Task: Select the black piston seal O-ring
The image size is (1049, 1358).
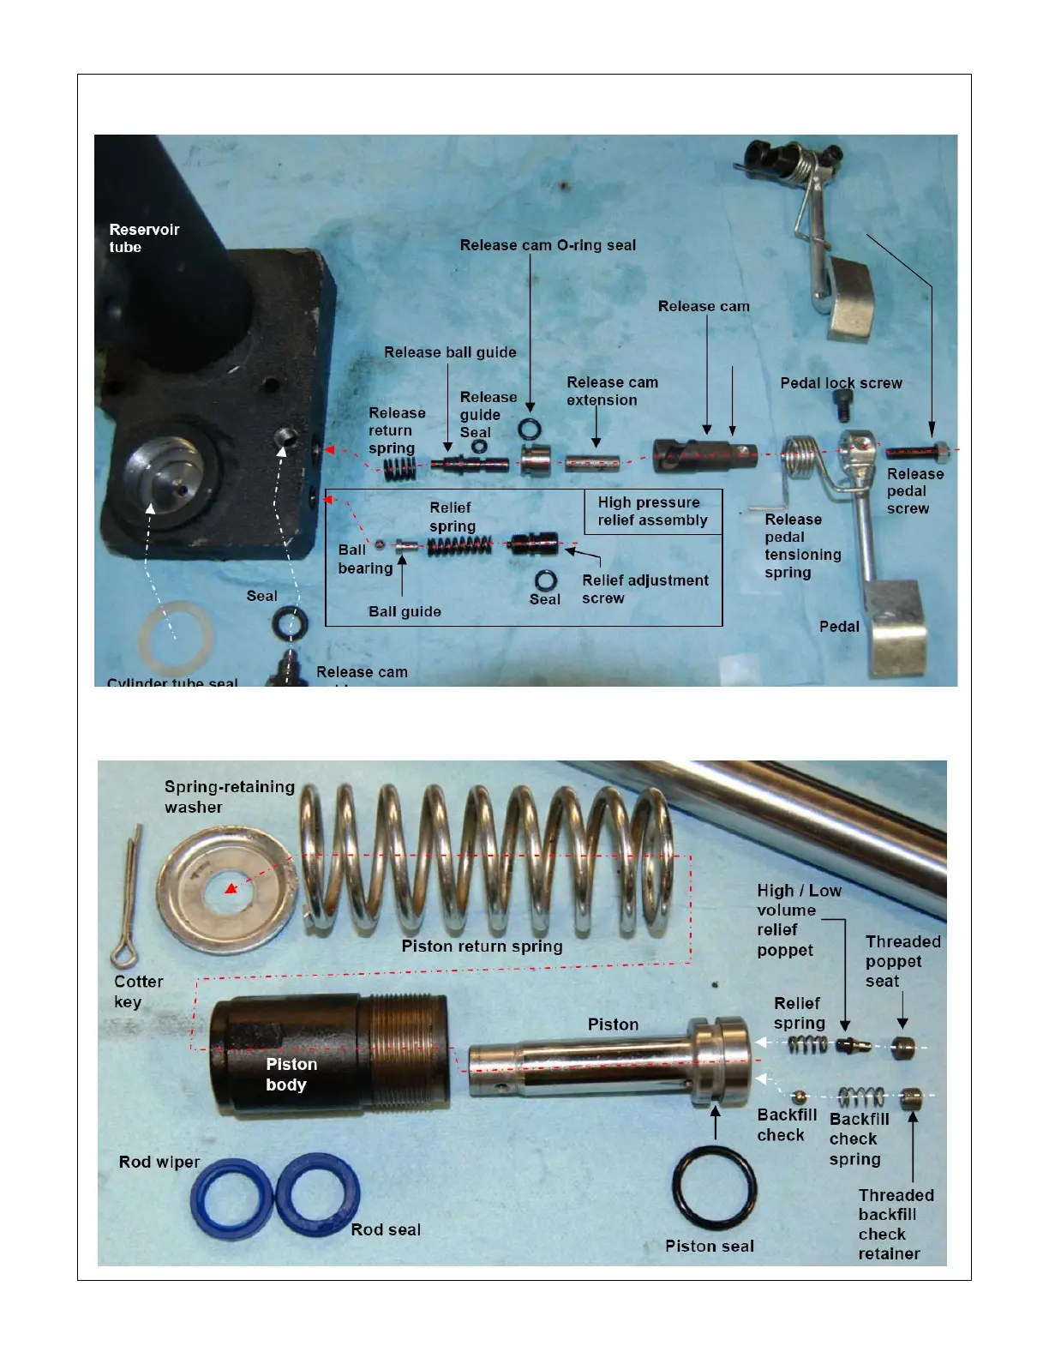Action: tap(714, 1187)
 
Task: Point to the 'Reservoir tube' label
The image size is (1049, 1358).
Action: tap(143, 238)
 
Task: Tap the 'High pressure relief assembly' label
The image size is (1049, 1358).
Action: tap(652, 511)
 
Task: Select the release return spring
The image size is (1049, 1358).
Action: tap(399, 469)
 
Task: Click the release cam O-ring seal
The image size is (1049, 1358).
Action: tap(530, 429)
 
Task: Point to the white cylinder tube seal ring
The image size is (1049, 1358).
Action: tap(175, 636)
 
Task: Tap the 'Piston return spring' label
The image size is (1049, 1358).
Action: tap(482, 946)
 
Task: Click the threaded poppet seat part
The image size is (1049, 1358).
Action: tap(902, 1047)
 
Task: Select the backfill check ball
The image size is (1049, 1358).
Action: tap(799, 1097)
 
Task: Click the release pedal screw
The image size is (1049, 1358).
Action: tap(914, 451)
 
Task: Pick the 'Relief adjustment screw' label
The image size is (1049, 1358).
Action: tap(644, 589)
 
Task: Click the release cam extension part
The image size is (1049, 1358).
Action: tap(592, 464)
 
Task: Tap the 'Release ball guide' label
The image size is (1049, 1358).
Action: tap(450, 352)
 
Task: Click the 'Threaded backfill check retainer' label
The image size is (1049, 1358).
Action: tap(895, 1224)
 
